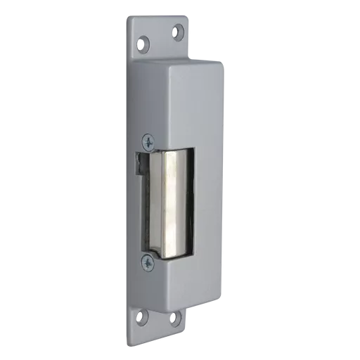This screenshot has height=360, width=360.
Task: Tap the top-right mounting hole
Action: pos(177,32)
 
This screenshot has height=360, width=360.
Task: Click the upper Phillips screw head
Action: pos(148,141)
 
